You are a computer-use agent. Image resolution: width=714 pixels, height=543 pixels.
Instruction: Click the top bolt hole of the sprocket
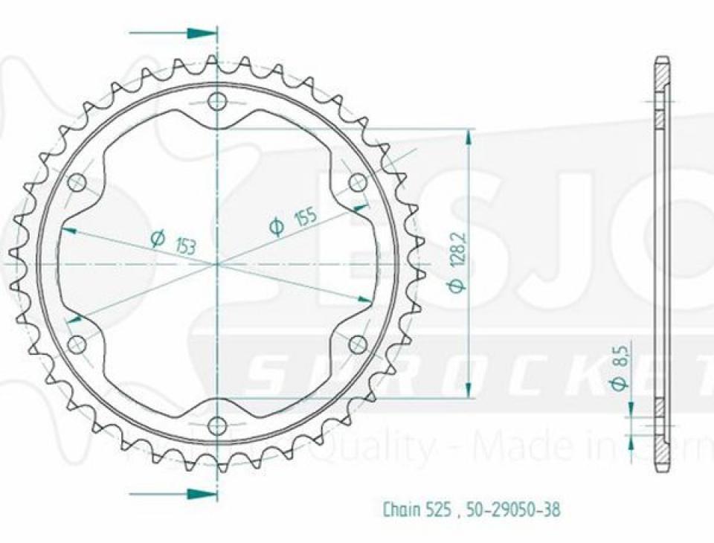(x=216, y=101)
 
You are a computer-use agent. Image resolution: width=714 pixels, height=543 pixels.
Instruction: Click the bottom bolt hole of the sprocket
(x=216, y=426)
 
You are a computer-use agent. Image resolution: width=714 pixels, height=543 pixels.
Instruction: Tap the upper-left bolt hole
(x=77, y=183)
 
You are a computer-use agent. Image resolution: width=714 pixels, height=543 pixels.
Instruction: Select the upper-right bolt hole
(x=358, y=182)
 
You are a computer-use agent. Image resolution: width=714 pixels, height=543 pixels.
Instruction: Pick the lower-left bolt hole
(x=77, y=344)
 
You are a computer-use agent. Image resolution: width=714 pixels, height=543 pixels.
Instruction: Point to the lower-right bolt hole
(x=358, y=344)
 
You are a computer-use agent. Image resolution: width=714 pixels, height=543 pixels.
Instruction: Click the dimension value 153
(x=185, y=245)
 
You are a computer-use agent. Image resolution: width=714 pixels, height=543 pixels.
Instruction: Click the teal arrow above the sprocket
(x=201, y=33)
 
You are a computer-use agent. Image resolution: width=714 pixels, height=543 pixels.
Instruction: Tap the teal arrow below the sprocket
(x=201, y=494)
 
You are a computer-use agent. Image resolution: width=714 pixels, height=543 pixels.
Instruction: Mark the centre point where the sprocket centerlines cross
(x=217, y=264)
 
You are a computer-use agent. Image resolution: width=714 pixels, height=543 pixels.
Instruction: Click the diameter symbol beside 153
(x=157, y=238)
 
